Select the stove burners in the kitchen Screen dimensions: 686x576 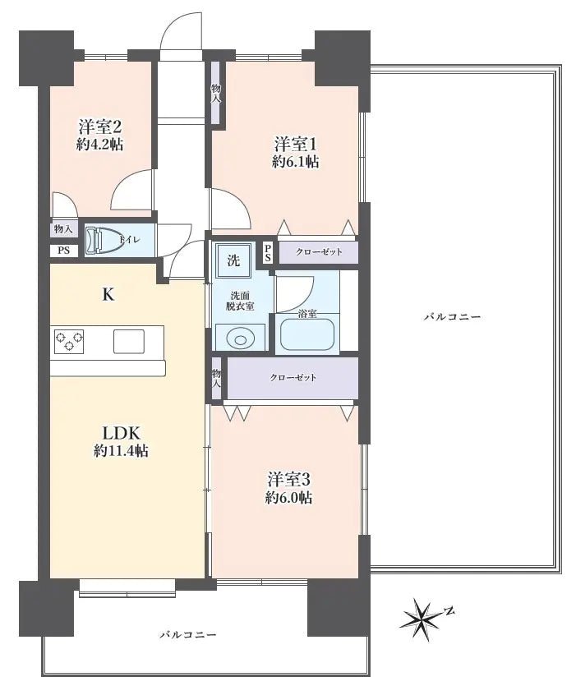69,340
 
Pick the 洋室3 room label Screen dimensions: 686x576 288,479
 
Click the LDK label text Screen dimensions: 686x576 122,432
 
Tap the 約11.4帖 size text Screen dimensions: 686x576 122,451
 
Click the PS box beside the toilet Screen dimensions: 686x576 63,251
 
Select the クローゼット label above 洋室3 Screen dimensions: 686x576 293,378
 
